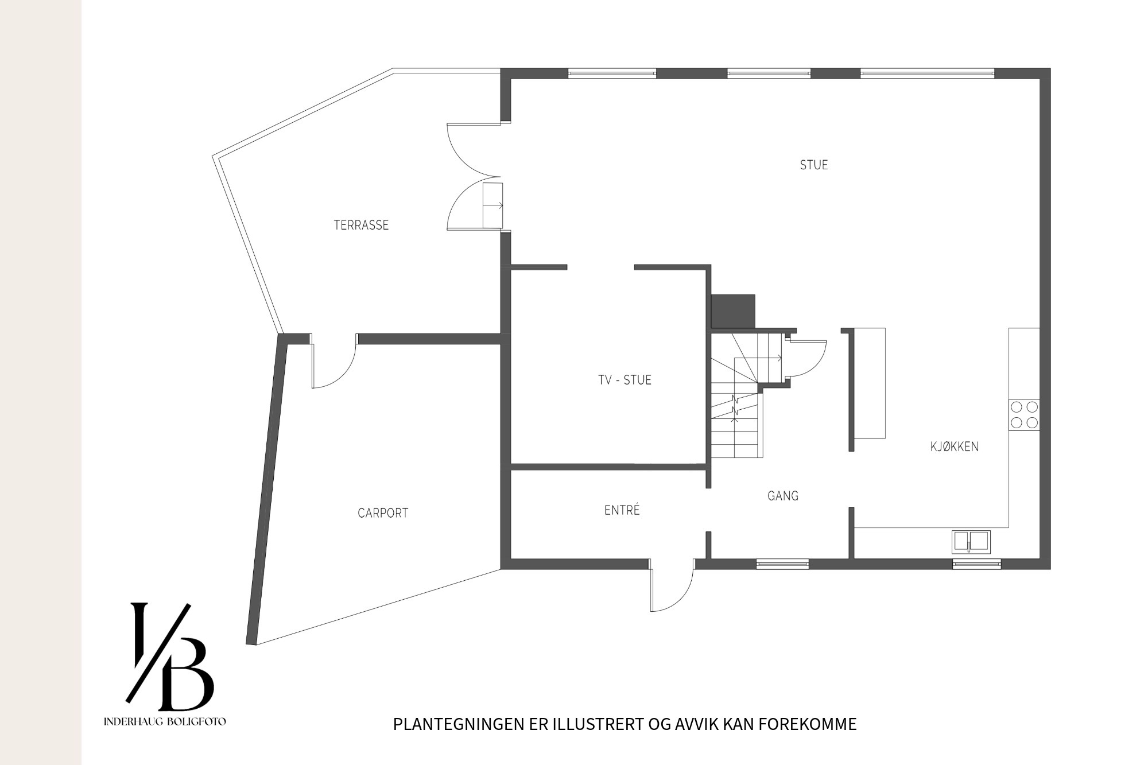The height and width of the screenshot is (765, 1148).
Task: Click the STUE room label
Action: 814,165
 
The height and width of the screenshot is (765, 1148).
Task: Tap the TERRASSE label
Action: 361,225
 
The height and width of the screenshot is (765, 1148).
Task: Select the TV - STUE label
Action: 625,380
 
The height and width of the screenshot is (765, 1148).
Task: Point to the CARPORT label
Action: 383,513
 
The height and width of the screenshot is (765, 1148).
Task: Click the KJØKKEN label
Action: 955,446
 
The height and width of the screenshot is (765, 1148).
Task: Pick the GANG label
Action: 783,496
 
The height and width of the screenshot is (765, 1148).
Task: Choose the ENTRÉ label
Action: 622,510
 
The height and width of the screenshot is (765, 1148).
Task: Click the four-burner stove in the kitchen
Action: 1024,415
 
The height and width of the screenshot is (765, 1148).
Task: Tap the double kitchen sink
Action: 971,542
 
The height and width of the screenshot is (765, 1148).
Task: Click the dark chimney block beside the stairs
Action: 733,311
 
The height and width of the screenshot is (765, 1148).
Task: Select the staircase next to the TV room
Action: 738,396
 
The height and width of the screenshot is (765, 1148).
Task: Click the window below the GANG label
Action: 782,565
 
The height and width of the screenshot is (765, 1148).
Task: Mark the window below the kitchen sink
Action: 977,565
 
